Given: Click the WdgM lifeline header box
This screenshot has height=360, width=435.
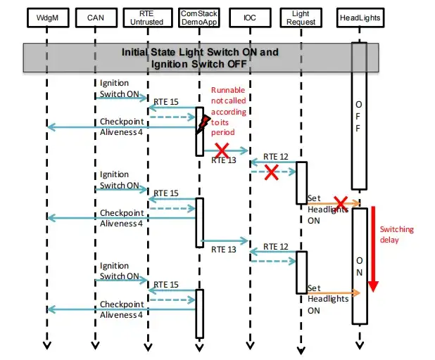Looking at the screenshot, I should click(x=46, y=17).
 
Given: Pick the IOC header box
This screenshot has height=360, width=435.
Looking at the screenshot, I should click(x=250, y=17).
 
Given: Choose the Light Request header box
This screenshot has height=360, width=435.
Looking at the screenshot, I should click(x=300, y=17).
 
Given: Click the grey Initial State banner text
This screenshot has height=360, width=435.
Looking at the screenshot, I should click(x=200, y=58).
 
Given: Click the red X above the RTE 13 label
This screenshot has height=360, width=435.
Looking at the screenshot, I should click(x=222, y=149).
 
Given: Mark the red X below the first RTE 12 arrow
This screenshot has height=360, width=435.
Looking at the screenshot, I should click(x=270, y=173).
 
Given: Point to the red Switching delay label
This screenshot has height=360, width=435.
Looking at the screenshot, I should click(x=396, y=234).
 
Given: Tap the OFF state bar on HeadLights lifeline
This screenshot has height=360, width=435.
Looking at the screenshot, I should click(x=359, y=116).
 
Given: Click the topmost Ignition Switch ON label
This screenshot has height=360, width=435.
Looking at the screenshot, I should click(x=115, y=88).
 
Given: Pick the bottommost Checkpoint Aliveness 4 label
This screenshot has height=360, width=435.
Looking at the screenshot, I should click(x=121, y=309).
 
